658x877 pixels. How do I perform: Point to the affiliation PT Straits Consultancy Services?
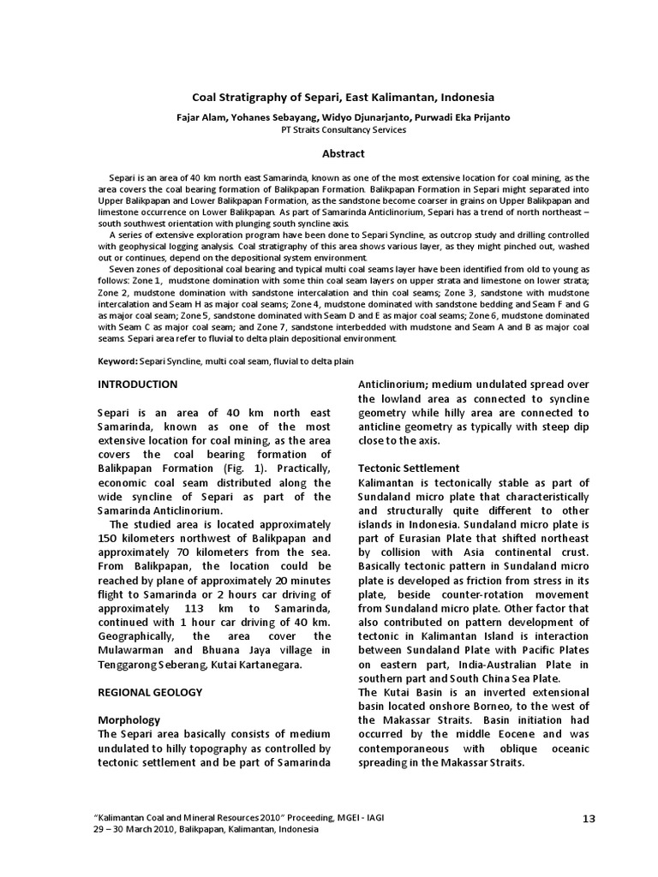point(343,130)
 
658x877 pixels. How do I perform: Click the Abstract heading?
point(343,154)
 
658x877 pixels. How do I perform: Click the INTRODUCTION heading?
point(138,385)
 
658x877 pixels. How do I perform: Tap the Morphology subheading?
point(129,720)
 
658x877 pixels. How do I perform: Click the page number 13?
point(588,819)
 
